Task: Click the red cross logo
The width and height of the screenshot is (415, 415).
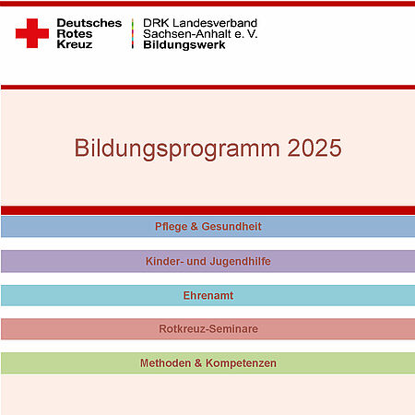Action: [32, 33]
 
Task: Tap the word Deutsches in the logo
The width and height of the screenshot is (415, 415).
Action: [89, 23]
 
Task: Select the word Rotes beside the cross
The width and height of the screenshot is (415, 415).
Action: [75, 34]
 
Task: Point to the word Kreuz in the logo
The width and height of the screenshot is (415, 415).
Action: [75, 44]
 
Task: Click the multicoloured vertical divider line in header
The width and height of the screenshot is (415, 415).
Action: [133, 33]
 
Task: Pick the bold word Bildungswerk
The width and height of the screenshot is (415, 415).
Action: [184, 45]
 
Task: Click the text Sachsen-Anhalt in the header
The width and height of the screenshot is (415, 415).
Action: [187, 34]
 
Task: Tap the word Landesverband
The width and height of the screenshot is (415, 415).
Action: [215, 23]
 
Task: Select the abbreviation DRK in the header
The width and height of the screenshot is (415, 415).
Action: [156, 23]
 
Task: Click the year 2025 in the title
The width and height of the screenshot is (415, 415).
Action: [314, 148]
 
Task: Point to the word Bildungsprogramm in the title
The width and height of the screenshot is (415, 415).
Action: [177, 149]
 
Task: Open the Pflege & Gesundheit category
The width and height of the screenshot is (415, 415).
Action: [208, 227]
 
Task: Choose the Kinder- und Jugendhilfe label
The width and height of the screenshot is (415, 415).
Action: [208, 261]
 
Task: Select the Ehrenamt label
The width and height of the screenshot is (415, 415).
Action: [208, 295]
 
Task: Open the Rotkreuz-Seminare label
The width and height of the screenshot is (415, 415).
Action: [208, 328]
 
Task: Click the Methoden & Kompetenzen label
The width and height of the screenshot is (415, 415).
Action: [208, 363]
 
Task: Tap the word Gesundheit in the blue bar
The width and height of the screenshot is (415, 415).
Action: [231, 227]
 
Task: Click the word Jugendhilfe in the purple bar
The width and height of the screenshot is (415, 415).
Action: [241, 262]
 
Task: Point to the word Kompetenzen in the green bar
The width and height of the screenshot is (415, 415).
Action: [241, 363]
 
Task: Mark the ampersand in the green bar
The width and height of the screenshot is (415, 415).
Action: [198, 363]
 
